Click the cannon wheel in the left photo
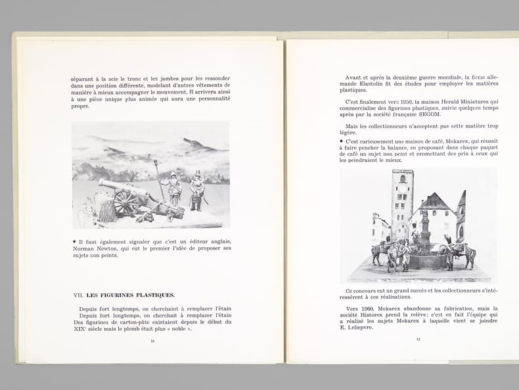(x=126, y=203)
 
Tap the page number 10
(x=152, y=341)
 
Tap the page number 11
(x=418, y=339)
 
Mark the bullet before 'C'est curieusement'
(x=342, y=140)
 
